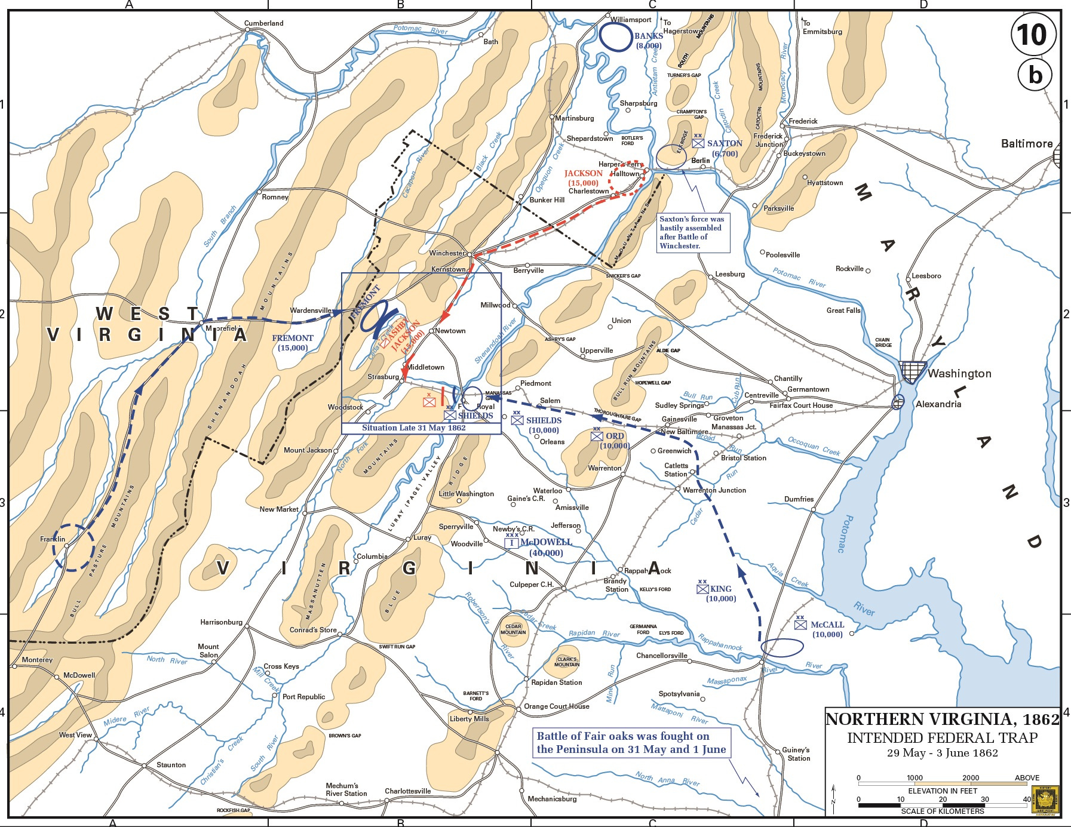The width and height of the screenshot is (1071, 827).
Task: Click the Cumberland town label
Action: click(x=263, y=23)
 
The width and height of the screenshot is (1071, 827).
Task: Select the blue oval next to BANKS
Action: click(x=615, y=37)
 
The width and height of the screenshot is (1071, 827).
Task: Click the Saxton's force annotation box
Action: click(x=693, y=232)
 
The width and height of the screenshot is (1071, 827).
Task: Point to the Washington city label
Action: click(x=959, y=374)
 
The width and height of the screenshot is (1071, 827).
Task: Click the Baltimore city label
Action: click(x=1026, y=144)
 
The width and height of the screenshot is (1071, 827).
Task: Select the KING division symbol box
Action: click(x=702, y=589)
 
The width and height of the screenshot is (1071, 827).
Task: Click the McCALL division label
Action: click(x=827, y=625)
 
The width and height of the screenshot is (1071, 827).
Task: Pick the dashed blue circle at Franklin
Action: click(x=73, y=548)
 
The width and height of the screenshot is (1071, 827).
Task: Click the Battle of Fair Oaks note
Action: click(x=631, y=743)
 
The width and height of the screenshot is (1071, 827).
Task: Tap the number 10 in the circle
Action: click(x=1033, y=35)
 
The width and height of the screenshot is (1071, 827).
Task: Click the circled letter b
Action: click(x=1035, y=75)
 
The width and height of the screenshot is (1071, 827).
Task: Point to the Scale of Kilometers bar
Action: click(x=943, y=806)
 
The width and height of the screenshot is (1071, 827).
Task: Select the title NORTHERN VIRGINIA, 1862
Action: click(x=942, y=719)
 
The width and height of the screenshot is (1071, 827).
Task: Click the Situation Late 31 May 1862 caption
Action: click(x=413, y=428)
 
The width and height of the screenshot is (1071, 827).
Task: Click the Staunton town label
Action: click(x=171, y=765)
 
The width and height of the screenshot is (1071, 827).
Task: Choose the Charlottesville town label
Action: click(x=407, y=791)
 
